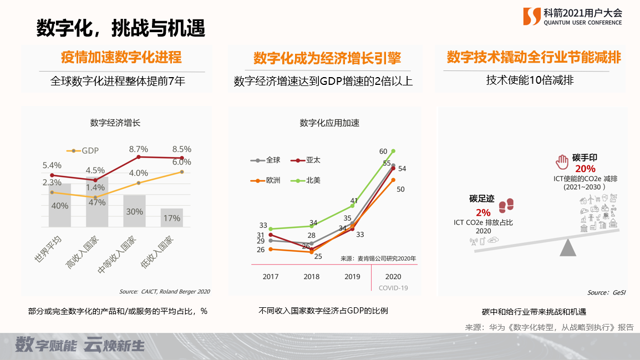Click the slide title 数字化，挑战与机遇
[120, 28]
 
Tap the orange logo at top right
[531, 17]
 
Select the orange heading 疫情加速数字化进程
[121, 58]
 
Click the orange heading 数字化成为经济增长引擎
[327, 58]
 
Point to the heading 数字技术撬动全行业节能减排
[534, 58]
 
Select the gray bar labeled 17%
[171, 217]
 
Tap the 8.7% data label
[138, 149]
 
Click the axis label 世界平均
[48, 251]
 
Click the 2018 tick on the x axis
[311, 276]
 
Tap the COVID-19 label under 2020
[393, 288]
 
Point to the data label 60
[383, 151]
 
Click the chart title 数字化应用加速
[329, 123]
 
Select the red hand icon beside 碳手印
[562, 162]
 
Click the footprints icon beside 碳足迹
[506, 206]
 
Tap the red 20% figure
[585, 169]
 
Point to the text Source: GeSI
[606, 292]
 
